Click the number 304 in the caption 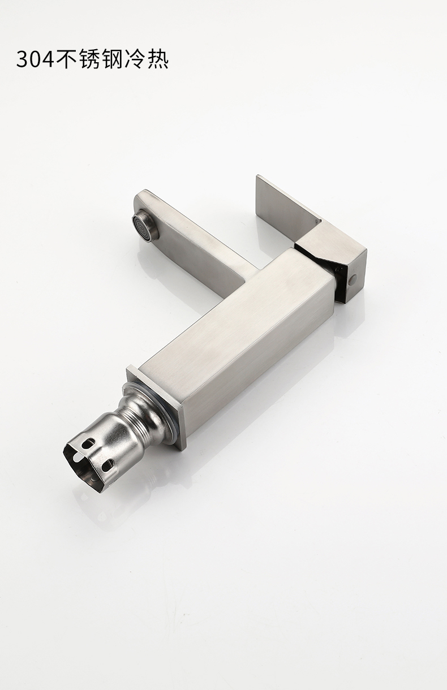point(35,59)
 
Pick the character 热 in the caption point(157,59)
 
